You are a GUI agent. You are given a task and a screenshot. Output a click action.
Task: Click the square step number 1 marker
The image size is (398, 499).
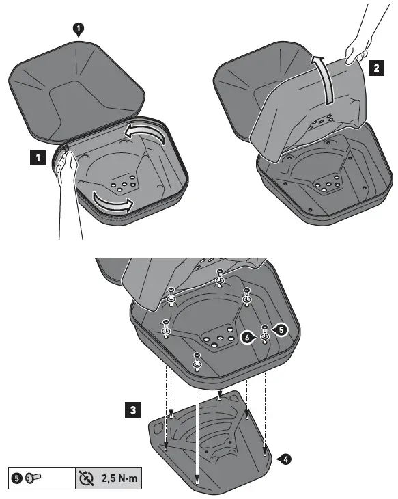click(38, 158)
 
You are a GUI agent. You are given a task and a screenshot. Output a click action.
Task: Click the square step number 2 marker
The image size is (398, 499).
click(376, 68)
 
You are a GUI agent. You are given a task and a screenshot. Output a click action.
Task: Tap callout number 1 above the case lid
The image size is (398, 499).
click(79, 28)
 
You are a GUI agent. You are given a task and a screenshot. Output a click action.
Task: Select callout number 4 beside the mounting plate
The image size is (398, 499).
click(284, 459)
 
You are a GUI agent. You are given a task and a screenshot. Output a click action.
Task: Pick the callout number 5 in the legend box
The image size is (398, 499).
click(16, 478)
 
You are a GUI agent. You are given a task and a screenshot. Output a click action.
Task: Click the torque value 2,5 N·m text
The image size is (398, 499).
click(119, 478)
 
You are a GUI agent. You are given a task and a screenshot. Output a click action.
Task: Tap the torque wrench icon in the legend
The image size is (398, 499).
click(87, 478)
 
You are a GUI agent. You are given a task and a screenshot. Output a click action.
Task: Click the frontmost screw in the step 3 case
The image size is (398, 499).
click(197, 360)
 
